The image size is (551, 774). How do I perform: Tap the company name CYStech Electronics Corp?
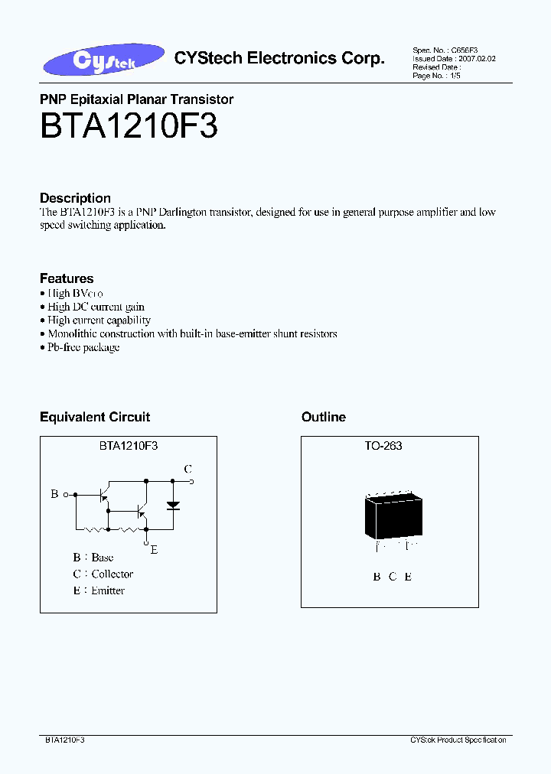pos(279,58)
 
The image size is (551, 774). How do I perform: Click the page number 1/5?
pos(457,76)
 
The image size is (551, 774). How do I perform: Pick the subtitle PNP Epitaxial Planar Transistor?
pos(136,99)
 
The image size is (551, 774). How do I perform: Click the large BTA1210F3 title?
pos(129,127)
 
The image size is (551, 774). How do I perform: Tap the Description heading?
pos(75,198)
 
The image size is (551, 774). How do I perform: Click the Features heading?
pos(67,278)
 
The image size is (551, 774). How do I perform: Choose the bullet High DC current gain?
pos(96,307)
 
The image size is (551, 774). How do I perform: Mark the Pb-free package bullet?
pos(83,347)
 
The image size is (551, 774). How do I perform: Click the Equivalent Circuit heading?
pos(95,417)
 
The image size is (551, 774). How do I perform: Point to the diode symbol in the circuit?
pos(174,505)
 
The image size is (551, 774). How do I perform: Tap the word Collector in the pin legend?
pos(112,574)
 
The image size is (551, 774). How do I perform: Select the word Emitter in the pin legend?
pos(108,590)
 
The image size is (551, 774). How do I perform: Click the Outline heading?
pos(324,417)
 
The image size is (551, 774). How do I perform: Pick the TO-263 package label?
pos(383,446)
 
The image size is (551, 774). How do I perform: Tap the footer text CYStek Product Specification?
pos(458,740)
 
